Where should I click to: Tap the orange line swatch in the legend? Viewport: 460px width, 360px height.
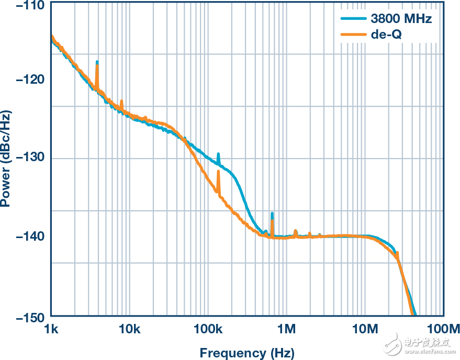[x=353, y=35]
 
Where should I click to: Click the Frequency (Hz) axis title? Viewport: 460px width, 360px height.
[x=247, y=352]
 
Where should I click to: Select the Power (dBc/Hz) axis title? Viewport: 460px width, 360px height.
[x=6, y=158]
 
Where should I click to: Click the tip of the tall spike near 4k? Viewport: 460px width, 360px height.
[x=97, y=62]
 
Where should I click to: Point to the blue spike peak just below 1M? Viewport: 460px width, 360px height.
[x=272, y=213]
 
